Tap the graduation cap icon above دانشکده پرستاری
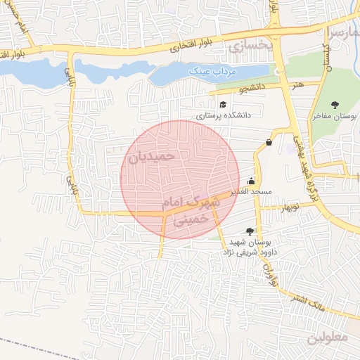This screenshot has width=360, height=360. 223,105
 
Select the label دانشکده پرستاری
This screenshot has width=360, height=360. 223,115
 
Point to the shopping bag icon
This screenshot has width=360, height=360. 269,143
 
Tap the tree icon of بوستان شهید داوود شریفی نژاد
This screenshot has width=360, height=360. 250,231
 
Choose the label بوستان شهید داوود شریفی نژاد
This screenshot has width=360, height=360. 250,246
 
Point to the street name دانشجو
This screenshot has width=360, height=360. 252,89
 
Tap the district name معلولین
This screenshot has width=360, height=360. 327,337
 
